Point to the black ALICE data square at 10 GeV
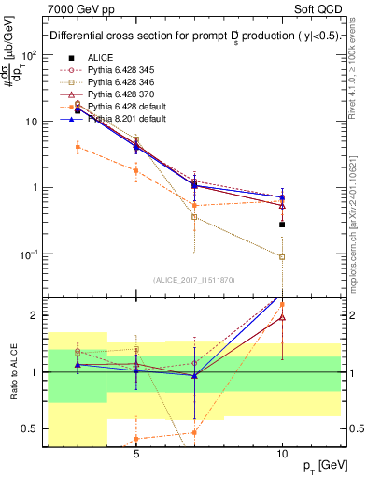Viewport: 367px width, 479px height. click(x=282, y=225)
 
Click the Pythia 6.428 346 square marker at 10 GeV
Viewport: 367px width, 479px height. click(x=282, y=256)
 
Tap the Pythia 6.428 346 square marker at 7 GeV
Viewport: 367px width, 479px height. click(x=194, y=217)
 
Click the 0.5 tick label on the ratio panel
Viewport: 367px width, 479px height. click(x=35, y=429)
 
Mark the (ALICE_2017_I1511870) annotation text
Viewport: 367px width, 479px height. click(x=193, y=280)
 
